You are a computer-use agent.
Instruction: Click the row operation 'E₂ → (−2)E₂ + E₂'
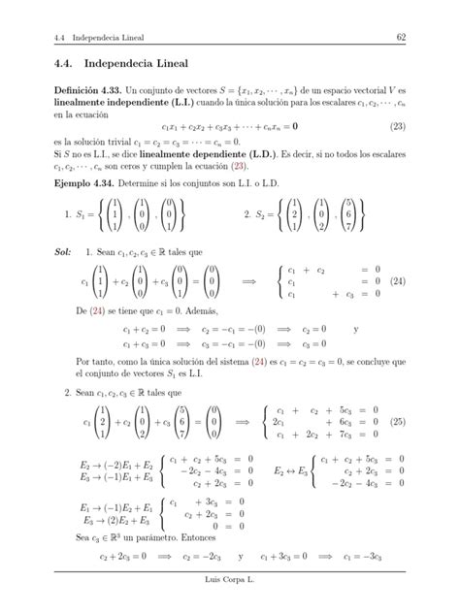(104, 463)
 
